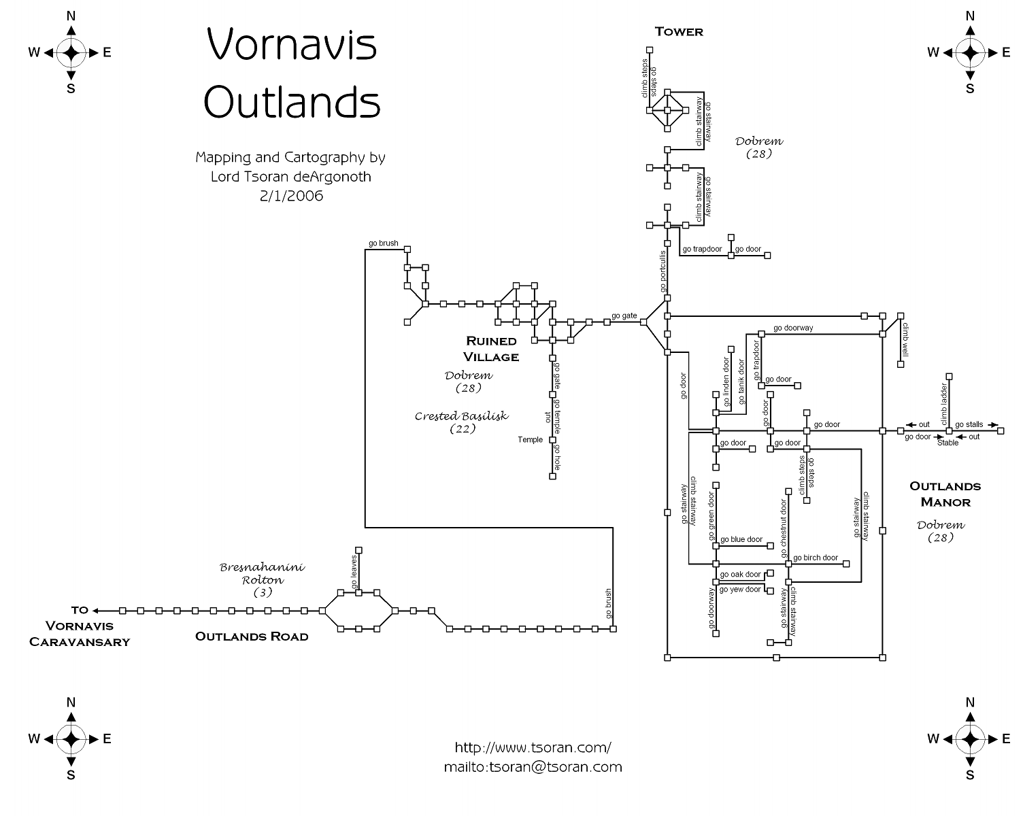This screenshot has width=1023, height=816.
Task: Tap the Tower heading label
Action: (x=678, y=31)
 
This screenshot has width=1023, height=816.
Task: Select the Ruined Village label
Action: (x=491, y=349)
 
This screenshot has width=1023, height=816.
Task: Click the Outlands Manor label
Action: (x=945, y=494)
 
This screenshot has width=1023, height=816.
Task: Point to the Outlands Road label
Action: (x=252, y=636)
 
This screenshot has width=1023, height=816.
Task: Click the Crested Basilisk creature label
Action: (x=462, y=416)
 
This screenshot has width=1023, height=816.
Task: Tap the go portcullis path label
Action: (x=663, y=271)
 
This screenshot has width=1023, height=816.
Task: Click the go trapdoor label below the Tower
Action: (x=702, y=249)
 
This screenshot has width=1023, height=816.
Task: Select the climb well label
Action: (x=905, y=339)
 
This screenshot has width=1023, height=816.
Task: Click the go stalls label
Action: (x=969, y=424)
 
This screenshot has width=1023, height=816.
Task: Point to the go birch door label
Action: (x=816, y=558)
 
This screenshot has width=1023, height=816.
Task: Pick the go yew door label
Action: (x=740, y=590)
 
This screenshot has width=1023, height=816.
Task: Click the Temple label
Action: (x=531, y=440)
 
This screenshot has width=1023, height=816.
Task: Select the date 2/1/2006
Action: (x=290, y=197)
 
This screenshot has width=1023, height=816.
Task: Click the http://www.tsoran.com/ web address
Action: (x=533, y=747)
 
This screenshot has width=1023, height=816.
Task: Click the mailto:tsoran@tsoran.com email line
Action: (x=533, y=767)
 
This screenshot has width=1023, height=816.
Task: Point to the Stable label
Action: (x=947, y=443)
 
